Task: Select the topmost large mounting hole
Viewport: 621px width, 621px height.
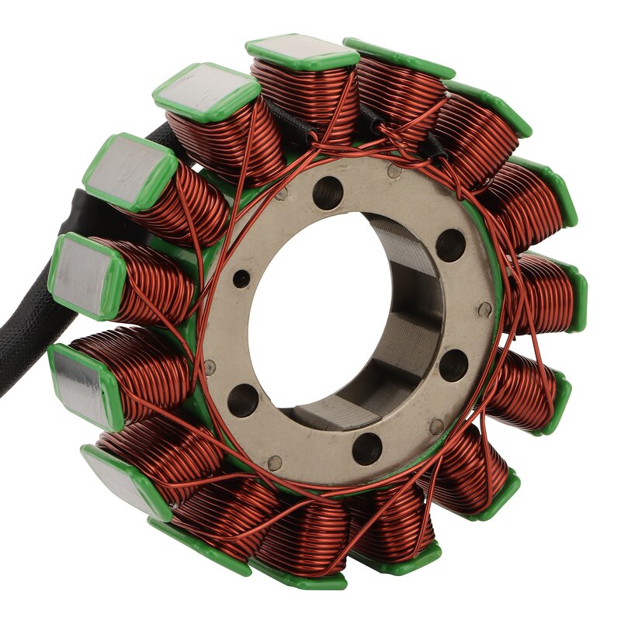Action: tap(328, 192)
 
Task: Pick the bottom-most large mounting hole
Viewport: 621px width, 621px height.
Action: tap(367, 449)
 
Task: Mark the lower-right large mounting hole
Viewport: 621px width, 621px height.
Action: tap(453, 365)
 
